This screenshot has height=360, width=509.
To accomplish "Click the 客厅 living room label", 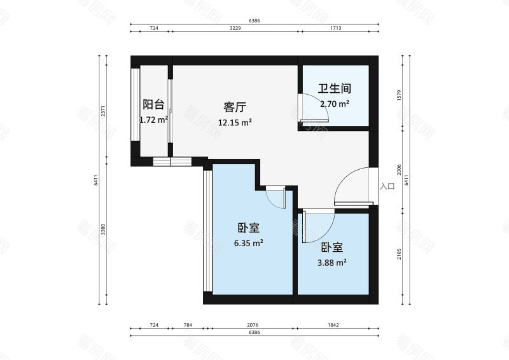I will click(x=235, y=107).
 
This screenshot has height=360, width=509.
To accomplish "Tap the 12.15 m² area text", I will click(x=235, y=122).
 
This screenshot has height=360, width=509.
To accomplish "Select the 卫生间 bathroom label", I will click(x=335, y=89).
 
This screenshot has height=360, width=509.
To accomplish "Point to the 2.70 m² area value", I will click(x=335, y=104).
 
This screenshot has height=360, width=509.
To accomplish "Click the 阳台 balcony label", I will click(x=153, y=104).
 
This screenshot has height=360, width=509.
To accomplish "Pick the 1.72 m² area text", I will click(x=153, y=119).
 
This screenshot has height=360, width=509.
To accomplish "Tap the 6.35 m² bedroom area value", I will click(x=248, y=243).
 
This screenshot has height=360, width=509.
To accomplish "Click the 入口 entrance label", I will click(x=387, y=186).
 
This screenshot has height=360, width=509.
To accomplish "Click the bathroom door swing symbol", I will click(x=314, y=108).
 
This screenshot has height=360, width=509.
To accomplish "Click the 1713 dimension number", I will click(x=337, y=29).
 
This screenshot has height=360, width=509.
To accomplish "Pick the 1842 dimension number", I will click(x=333, y=325).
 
